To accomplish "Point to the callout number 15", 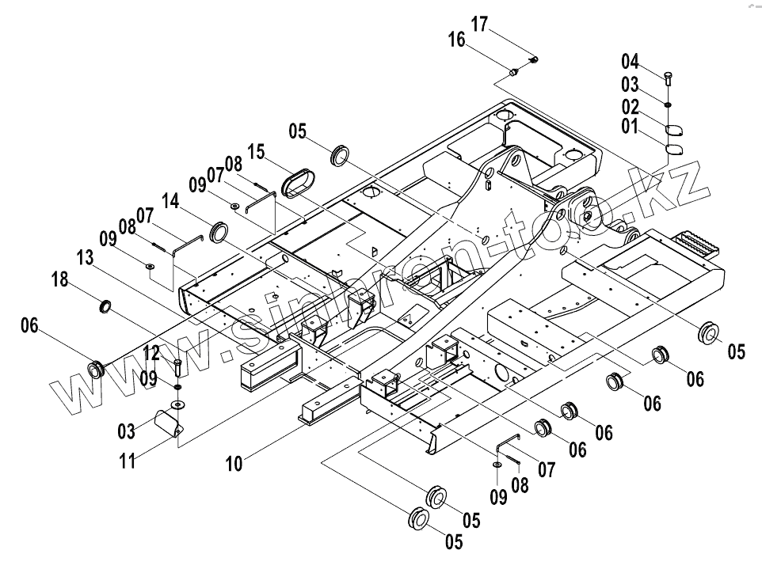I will tap(256, 151).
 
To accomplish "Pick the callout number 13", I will tap(86, 257).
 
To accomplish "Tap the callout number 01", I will tap(630, 124).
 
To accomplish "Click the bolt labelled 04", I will tap(669, 78).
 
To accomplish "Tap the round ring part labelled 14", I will tap(218, 232).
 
